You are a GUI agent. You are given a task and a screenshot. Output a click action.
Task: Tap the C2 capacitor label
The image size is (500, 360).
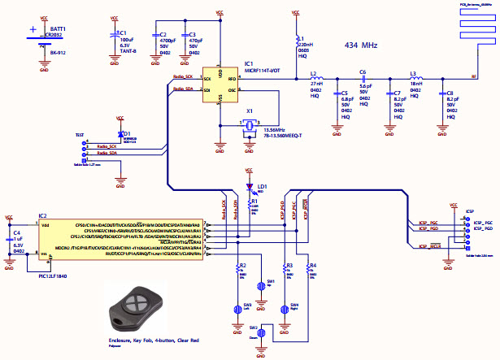pos(154,34)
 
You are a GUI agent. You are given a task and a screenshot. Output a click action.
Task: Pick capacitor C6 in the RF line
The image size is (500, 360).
pos(363,78)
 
